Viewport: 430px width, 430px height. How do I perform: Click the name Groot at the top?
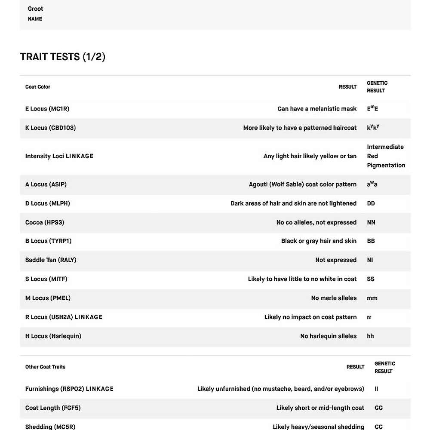(35, 9)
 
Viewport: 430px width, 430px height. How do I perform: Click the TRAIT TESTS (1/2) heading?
(63, 57)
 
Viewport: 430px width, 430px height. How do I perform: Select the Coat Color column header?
(38, 87)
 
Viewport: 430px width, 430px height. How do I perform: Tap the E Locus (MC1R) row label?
(47, 109)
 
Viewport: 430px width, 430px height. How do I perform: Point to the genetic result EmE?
(372, 109)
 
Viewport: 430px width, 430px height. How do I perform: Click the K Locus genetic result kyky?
(373, 128)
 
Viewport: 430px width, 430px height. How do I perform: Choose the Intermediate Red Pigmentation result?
(386, 156)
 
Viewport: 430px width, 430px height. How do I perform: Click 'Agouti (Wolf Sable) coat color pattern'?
(303, 184)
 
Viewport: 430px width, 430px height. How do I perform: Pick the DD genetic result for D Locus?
(371, 203)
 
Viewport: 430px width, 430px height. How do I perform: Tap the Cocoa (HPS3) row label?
(45, 222)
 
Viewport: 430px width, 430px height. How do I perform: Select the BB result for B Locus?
(371, 241)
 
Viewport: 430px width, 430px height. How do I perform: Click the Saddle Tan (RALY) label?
(51, 260)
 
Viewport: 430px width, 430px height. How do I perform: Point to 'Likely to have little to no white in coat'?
(302, 279)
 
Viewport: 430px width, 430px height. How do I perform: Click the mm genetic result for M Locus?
(372, 298)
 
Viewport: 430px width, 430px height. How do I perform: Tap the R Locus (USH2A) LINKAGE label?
(64, 317)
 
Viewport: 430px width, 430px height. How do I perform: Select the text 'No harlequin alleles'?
(329, 336)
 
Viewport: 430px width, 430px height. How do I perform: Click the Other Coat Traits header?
(45, 367)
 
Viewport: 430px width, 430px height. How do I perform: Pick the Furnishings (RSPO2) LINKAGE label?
(69, 389)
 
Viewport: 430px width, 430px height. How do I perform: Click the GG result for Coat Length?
(379, 408)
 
